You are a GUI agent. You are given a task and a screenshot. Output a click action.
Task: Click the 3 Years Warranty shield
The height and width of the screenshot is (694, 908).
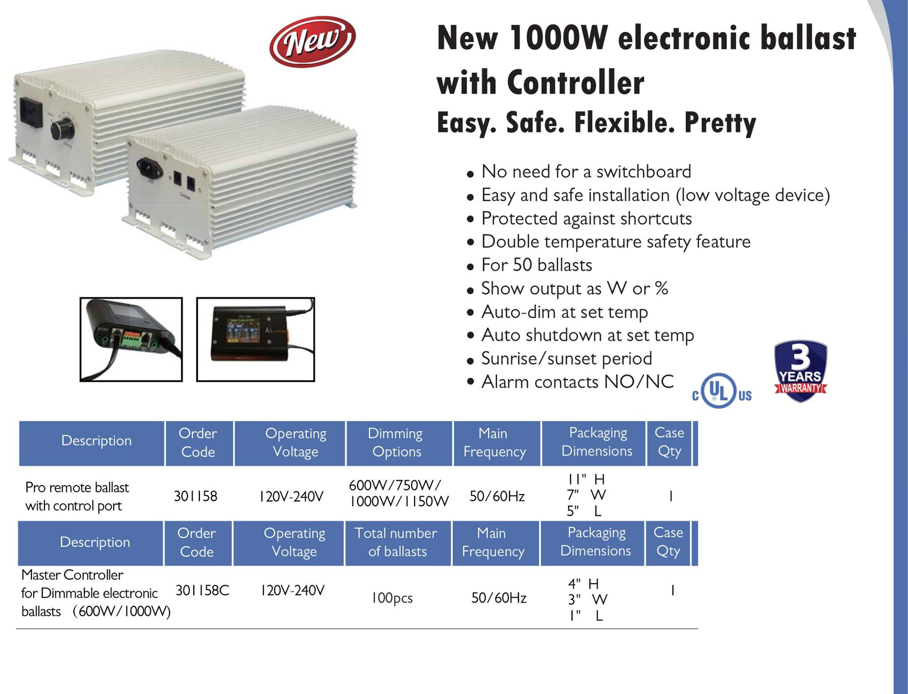click(801, 371)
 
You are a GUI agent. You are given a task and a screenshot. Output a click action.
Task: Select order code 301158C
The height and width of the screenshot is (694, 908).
click(202, 590)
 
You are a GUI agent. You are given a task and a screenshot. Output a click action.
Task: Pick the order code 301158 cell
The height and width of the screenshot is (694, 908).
click(196, 496)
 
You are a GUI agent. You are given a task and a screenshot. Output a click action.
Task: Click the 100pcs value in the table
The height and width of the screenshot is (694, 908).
click(392, 598)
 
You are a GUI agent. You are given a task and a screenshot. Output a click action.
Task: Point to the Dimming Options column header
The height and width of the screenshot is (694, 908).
click(396, 442)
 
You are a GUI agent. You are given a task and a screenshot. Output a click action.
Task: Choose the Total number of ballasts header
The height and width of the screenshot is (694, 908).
click(397, 542)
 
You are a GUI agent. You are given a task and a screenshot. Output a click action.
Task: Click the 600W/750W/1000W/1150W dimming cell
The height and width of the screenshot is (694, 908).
click(399, 493)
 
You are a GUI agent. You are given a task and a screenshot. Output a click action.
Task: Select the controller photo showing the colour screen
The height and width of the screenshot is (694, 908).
click(255, 339)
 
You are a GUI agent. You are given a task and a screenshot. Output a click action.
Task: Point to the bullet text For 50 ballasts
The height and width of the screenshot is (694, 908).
click(536, 265)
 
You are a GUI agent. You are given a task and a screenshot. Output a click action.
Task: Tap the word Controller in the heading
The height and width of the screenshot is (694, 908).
click(575, 83)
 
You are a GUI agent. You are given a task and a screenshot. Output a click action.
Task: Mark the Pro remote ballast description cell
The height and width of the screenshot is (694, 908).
click(77, 496)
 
